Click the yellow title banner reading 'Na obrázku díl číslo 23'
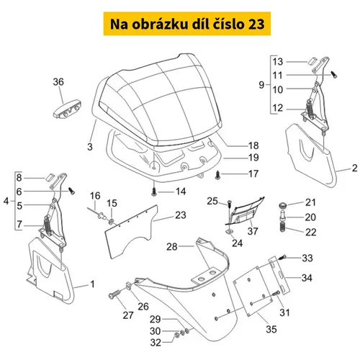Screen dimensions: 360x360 (187, 24)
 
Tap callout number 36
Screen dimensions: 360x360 (58, 82)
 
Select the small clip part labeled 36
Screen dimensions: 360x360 (67, 109)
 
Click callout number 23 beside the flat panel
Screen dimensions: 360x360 (181, 215)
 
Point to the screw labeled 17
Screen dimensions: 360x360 (218, 174)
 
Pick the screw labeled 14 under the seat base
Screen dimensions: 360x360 (154, 192)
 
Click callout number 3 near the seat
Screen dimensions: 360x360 (90, 147)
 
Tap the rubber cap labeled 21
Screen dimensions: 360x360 (283, 205)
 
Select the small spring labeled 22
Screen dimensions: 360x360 (283, 227)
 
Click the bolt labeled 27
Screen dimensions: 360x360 (114, 294)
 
